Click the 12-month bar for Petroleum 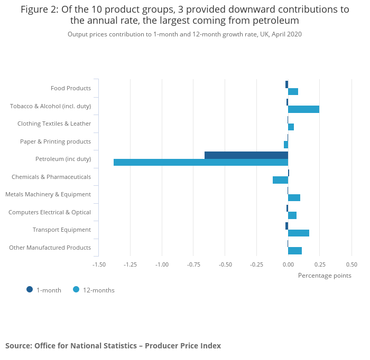[x=201, y=162]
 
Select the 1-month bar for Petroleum [x=246, y=155]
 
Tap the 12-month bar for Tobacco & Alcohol [x=303, y=109]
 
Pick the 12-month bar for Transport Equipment [x=299, y=233]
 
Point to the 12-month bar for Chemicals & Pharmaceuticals [x=280, y=180]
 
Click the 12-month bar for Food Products [x=293, y=92]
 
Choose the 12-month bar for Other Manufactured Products [x=295, y=251]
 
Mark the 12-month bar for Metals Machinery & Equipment [x=294, y=197]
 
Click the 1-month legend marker [x=30, y=289]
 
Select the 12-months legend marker [x=76, y=289]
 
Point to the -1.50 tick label [x=99, y=264]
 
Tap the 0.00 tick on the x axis [x=288, y=264]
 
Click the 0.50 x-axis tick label [x=351, y=264]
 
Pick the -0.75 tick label [x=193, y=264]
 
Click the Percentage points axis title [x=325, y=275]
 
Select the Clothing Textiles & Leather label [x=54, y=124]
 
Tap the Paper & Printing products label [x=55, y=141]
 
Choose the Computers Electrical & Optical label [x=50, y=212]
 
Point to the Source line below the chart [x=113, y=346]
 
